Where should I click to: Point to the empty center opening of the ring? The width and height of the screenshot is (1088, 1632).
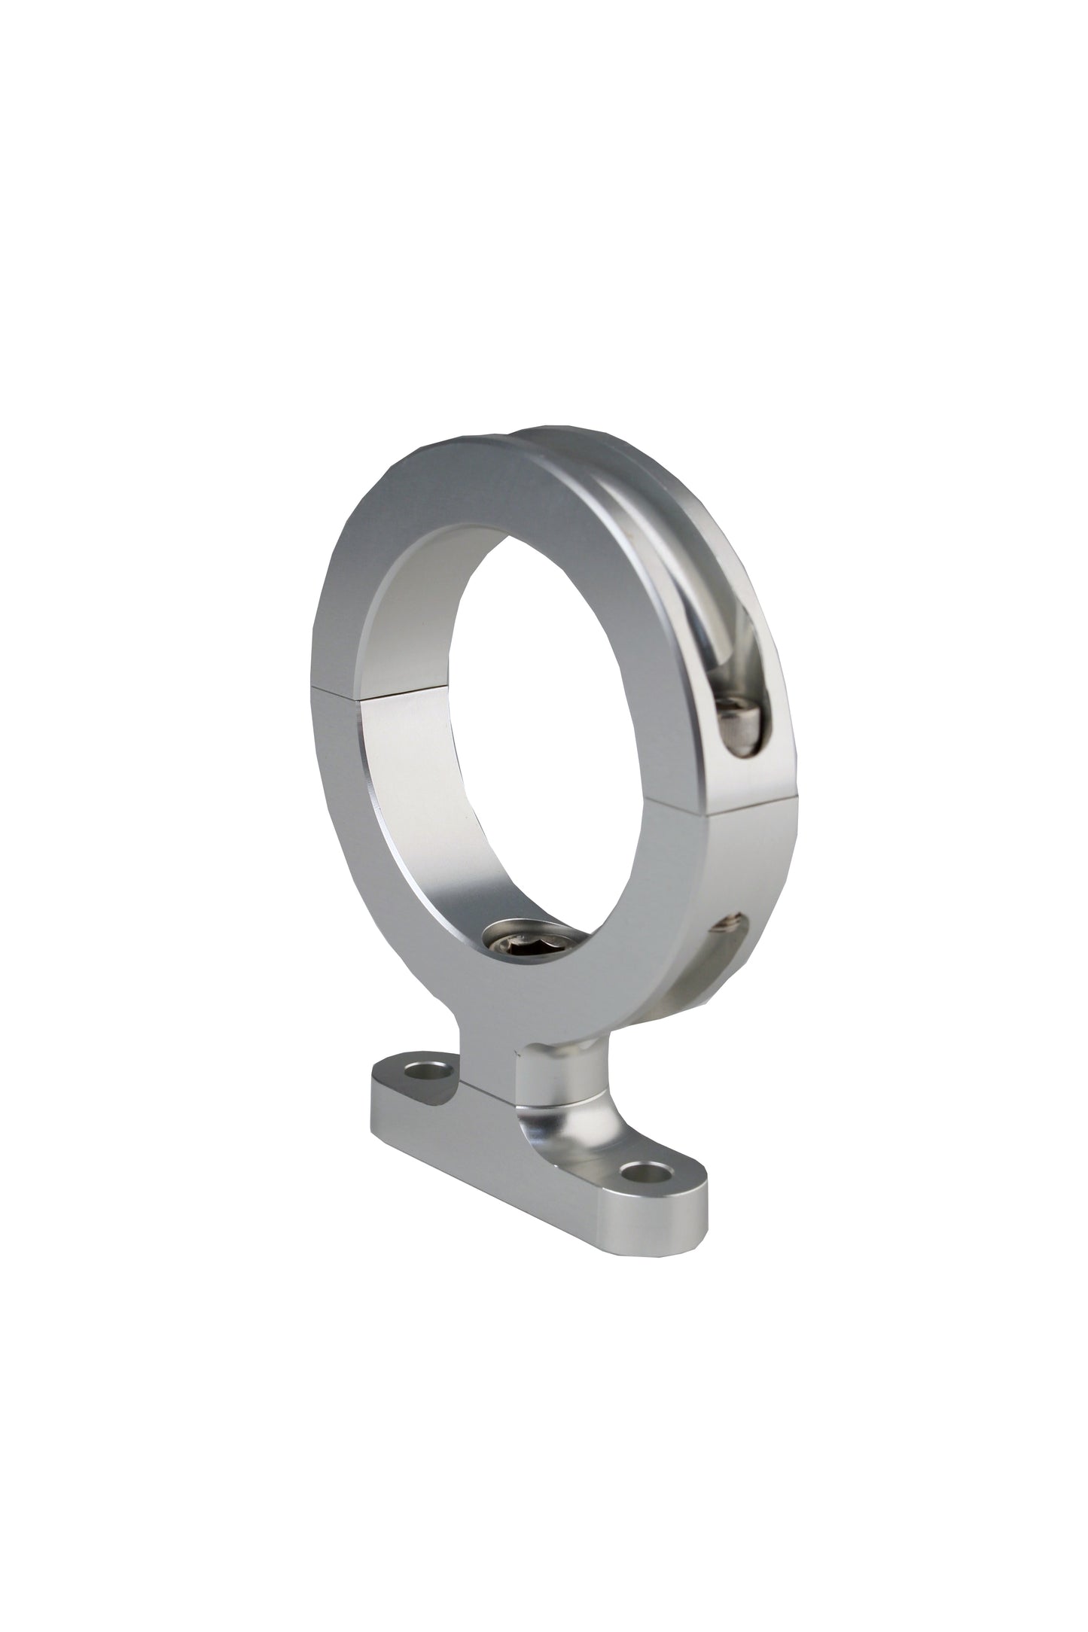[x=527, y=715]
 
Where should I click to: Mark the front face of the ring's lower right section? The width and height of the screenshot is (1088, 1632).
[x=640, y=903]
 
